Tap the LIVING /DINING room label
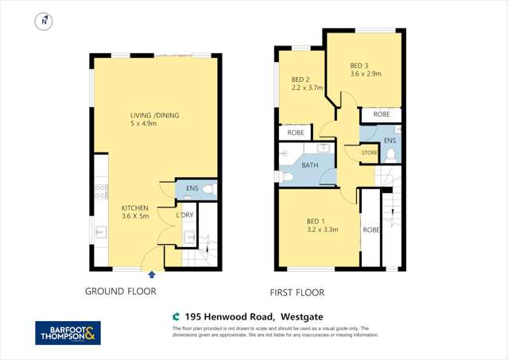(x=155, y=116)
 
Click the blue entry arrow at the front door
(x=152, y=273)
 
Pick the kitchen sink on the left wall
(x=101, y=232)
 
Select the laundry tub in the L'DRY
(x=189, y=236)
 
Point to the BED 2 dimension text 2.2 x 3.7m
(x=307, y=89)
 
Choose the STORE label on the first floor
(x=368, y=152)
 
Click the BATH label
(x=310, y=166)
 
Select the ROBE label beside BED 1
(x=370, y=230)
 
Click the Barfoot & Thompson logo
(x=68, y=334)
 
